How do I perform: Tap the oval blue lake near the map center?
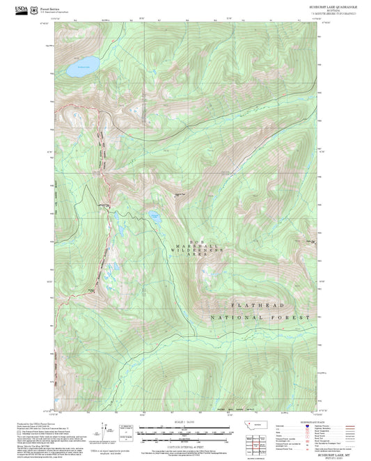click(x=153, y=219)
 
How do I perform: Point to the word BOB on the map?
click(x=185, y=240)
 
